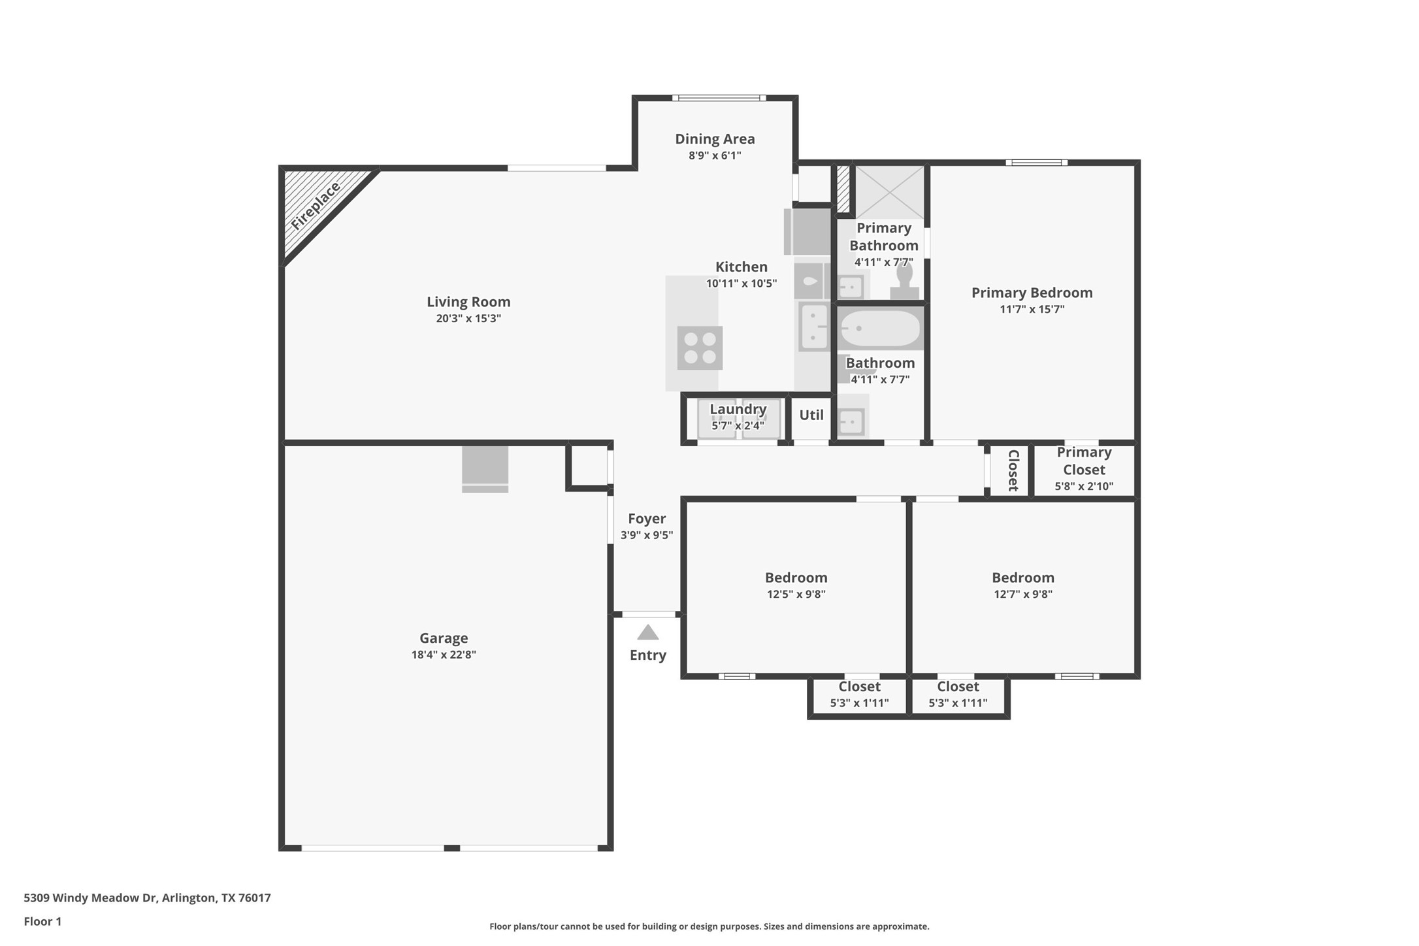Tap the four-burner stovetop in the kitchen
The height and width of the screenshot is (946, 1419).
[x=699, y=348]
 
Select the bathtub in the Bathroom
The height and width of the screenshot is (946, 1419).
[x=879, y=328]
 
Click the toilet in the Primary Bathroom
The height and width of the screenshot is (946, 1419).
[x=904, y=282]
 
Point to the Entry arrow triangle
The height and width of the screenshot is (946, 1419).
[x=647, y=632]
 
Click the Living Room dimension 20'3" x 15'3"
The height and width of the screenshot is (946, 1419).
[x=468, y=319]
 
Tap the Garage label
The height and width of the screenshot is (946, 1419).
[x=444, y=638]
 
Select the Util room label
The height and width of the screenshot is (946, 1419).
[x=811, y=415]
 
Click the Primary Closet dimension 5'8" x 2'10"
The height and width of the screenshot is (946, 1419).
[x=1084, y=486]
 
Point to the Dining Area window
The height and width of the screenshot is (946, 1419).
[x=719, y=98]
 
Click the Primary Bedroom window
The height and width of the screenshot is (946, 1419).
[x=1036, y=163]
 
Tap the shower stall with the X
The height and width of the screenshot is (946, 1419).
[x=889, y=192]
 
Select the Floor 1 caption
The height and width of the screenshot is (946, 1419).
[x=42, y=922]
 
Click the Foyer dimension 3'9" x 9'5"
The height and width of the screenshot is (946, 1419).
[x=647, y=535]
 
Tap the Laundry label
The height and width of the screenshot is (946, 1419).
[x=738, y=409]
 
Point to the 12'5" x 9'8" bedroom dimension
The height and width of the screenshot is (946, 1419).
[x=796, y=595]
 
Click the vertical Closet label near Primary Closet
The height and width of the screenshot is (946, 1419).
[x=1013, y=470]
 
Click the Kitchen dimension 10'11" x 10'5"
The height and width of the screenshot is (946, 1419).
[x=741, y=284]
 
